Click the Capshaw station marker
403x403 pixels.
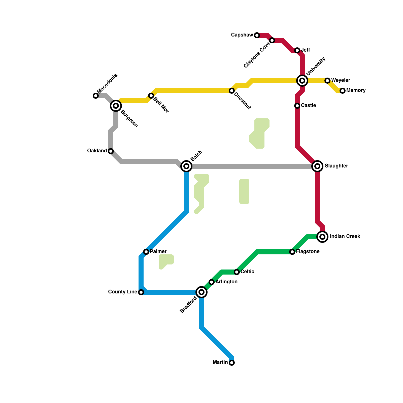click(x=257, y=35)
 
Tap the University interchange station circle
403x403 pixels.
click(x=302, y=81)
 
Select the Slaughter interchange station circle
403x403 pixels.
click(x=317, y=166)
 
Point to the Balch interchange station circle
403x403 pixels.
click(x=186, y=166)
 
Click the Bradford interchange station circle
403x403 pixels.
click(x=201, y=292)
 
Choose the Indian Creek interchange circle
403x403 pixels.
click(x=322, y=237)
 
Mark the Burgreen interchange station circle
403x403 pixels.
click(x=116, y=106)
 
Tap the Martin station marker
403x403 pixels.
click(x=232, y=363)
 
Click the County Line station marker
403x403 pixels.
click(x=141, y=292)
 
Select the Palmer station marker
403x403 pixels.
click(x=146, y=252)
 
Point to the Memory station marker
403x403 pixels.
click(x=343, y=91)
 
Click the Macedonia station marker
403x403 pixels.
click(x=95, y=96)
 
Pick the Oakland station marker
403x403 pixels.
click(x=111, y=151)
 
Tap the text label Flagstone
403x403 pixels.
click(x=308, y=252)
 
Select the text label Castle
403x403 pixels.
click(x=308, y=106)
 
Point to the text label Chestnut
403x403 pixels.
click(x=242, y=101)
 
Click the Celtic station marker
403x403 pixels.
click(x=237, y=272)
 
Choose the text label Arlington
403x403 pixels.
click(x=226, y=282)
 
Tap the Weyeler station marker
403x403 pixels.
click(x=327, y=81)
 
